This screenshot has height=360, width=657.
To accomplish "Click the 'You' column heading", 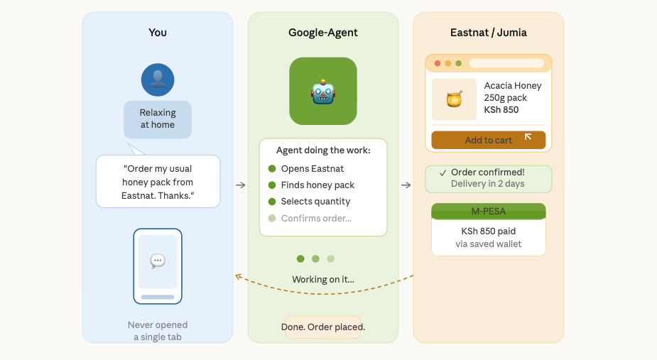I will [x=158, y=33].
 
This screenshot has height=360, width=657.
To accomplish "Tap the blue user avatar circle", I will [x=158, y=80].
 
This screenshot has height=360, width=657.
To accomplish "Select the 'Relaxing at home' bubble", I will [x=158, y=119].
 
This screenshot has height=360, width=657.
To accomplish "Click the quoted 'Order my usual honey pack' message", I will [x=158, y=182].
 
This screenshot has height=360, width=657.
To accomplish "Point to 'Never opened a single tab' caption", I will [x=158, y=331].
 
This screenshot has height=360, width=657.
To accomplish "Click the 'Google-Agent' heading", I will [x=323, y=33].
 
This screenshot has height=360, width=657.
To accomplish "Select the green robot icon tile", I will [x=323, y=91].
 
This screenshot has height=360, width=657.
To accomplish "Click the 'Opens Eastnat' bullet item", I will [x=312, y=169].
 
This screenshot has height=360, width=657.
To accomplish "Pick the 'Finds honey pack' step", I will [x=317, y=185].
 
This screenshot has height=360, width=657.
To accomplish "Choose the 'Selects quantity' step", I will [x=315, y=202].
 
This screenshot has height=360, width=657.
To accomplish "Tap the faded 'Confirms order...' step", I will [x=315, y=218].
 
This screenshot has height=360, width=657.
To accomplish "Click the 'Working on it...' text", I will [x=323, y=280].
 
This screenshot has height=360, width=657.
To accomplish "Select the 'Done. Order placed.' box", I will [x=323, y=327].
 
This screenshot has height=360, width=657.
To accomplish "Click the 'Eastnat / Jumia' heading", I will [x=489, y=33].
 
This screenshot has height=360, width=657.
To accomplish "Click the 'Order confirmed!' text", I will [x=487, y=173].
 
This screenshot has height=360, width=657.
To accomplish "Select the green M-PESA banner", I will [x=489, y=212].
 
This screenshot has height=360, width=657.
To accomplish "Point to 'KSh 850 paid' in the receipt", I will [x=489, y=231].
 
